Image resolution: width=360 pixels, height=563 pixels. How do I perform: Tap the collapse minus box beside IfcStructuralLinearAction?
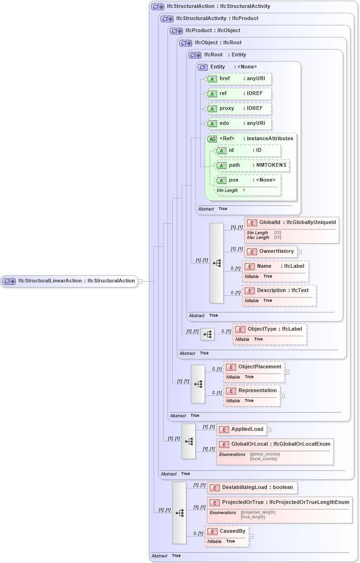[x=140, y=281]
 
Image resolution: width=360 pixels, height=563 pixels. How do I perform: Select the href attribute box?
[x=238, y=79]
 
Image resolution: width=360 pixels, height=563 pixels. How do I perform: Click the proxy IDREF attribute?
[x=238, y=109]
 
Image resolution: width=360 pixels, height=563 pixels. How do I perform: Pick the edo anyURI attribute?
[x=238, y=123]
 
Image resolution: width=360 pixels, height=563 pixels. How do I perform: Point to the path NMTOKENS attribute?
[x=252, y=165]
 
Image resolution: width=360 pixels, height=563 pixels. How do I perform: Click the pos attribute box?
[x=248, y=180]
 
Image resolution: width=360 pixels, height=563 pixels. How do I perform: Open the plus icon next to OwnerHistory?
[x=300, y=252]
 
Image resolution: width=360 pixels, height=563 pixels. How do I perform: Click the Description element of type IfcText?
[x=278, y=291]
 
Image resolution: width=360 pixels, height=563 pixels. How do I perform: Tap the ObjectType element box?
[x=269, y=330]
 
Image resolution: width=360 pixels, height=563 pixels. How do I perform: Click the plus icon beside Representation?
[x=282, y=396]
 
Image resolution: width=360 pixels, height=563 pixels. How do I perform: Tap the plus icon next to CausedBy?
[x=251, y=536]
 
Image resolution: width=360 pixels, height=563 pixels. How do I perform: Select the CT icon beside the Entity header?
[x=203, y=67]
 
